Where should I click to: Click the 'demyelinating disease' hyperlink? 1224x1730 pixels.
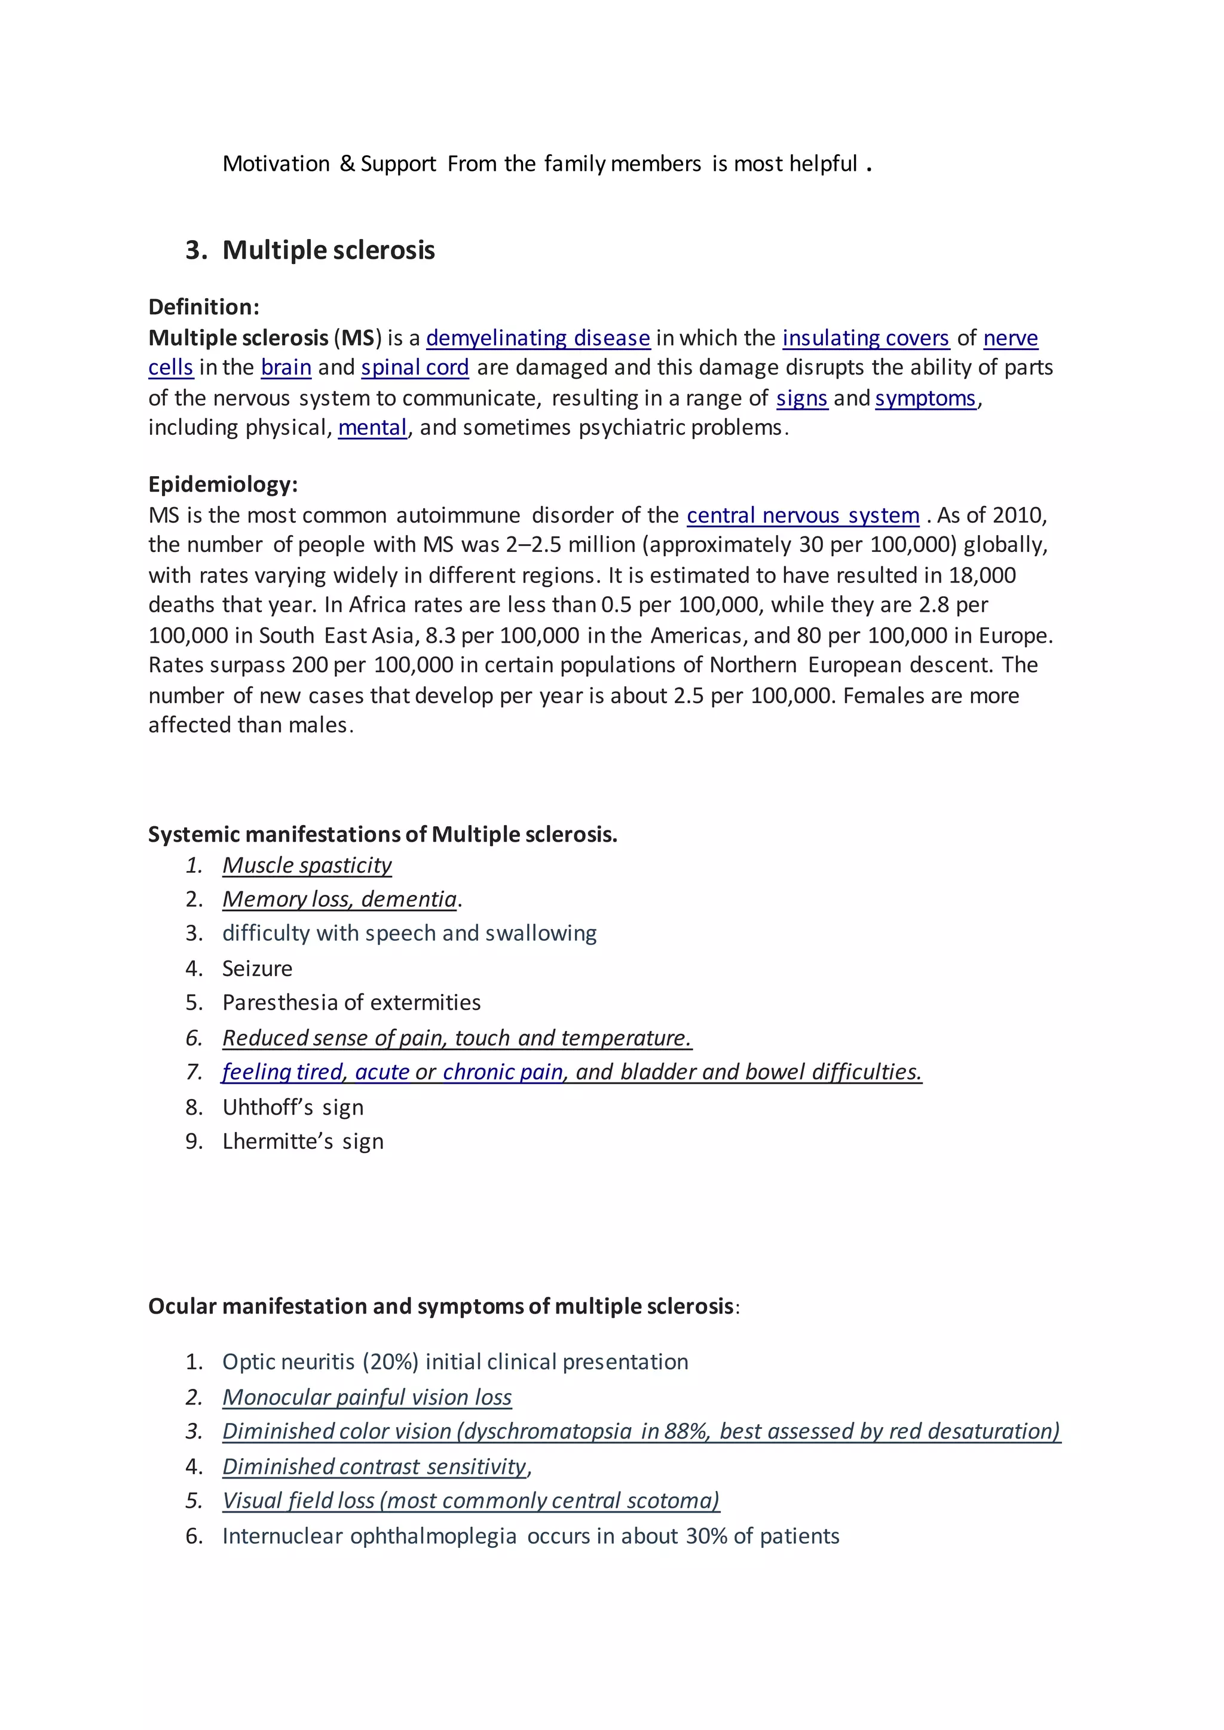pyautogui.click(x=537, y=338)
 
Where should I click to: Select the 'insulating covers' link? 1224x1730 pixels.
pyautogui.click(x=865, y=338)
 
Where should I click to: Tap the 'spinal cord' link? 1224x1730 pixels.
pyautogui.click(x=415, y=368)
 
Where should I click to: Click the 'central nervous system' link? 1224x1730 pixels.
pyautogui.click(x=803, y=516)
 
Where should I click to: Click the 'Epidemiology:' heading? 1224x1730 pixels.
pyautogui.click(x=223, y=484)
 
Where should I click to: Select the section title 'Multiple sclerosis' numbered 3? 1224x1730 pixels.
pyautogui.click(x=328, y=250)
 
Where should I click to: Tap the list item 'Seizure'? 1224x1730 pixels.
pyautogui.click(x=257, y=968)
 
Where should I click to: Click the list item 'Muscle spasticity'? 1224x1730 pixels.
pyautogui.click(x=307, y=865)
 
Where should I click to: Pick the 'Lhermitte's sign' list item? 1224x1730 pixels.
pyautogui.click(x=302, y=1141)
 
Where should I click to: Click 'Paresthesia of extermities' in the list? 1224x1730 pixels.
pyautogui.click(x=351, y=1002)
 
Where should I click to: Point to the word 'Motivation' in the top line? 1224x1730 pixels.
pyautogui.click(x=276, y=164)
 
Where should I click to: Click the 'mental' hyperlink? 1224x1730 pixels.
pyautogui.click(x=372, y=427)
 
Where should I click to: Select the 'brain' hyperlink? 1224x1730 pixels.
pyautogui.click(x=286, y=368)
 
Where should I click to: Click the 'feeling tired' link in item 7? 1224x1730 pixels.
pyautogui.click(x=282, y=1072)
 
